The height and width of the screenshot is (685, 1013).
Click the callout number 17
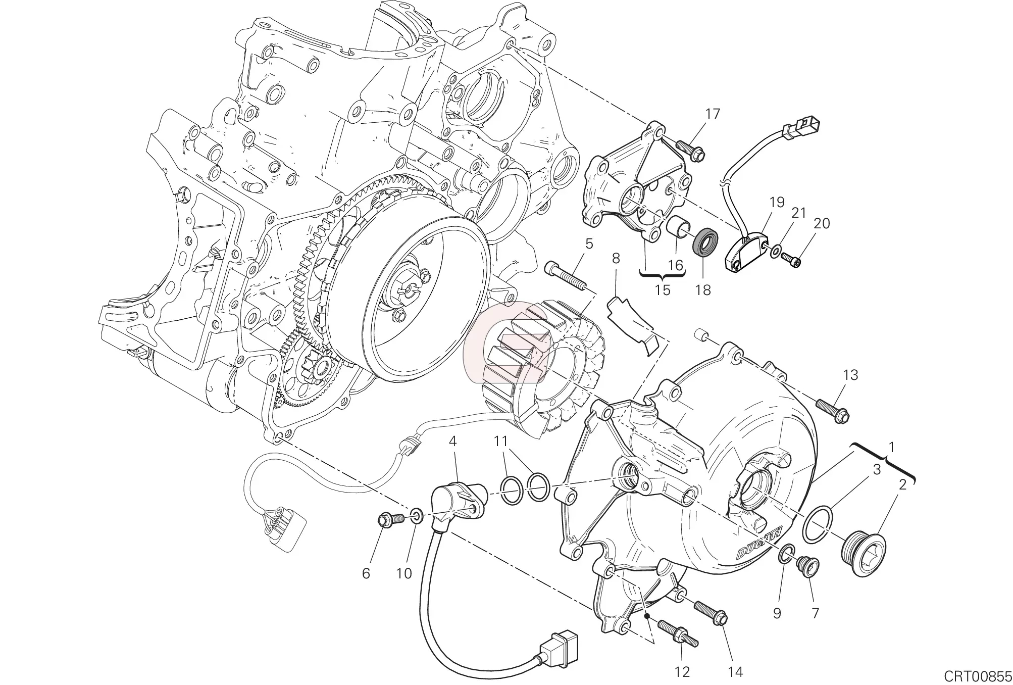click(713, 114)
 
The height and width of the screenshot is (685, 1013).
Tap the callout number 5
click(589, 244)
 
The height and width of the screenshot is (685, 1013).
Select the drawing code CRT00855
click(977, 675)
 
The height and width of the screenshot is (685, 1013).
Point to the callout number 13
click(850, 375)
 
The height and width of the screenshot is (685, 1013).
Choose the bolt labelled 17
click(689, 150)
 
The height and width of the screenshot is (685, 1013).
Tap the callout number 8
click(616, 259)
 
